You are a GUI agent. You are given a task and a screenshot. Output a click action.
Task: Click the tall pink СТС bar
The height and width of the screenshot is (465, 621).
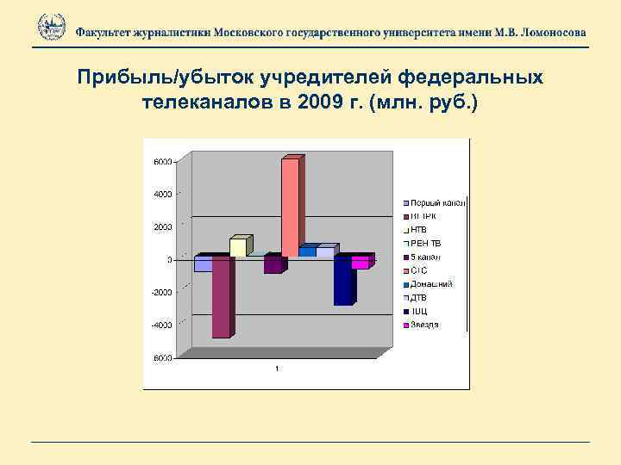click(290, 207)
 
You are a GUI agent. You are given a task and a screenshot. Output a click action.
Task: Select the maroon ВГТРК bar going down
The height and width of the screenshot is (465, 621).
click(221, 297)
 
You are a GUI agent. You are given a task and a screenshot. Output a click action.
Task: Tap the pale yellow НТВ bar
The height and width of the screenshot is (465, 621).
click(237, 247)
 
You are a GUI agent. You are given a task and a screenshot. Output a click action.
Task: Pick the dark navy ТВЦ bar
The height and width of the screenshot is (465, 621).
click(342, 281)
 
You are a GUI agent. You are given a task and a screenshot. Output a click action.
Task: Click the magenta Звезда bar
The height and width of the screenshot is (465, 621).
click(360, 263)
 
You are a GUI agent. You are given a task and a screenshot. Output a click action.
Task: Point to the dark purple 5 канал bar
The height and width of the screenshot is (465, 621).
click(273, 265)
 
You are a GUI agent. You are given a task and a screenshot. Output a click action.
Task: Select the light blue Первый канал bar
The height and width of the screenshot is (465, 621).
click(203, 264)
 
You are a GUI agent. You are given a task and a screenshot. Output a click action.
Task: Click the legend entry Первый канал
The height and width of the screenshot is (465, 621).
click(437, 202)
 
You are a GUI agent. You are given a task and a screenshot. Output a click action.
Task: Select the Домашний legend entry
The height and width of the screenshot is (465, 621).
click(431, 283)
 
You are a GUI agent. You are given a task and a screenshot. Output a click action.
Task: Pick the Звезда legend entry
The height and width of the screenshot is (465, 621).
click(425, 325)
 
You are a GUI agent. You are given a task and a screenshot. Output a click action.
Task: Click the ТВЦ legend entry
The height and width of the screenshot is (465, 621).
click(420, 311)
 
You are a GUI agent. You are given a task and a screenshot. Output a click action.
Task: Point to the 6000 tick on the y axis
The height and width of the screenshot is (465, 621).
click(161, 161)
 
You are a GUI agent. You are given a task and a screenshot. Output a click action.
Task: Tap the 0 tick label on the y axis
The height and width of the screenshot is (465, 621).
click(168, 259)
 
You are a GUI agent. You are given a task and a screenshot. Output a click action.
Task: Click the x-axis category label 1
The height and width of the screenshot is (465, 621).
click(277, 370)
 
